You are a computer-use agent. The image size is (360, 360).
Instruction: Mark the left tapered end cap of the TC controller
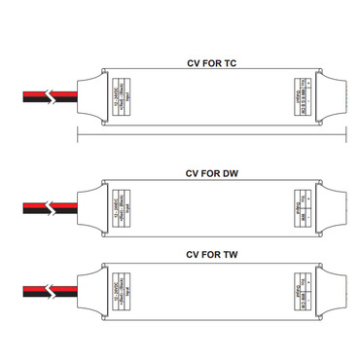(89, 95)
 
